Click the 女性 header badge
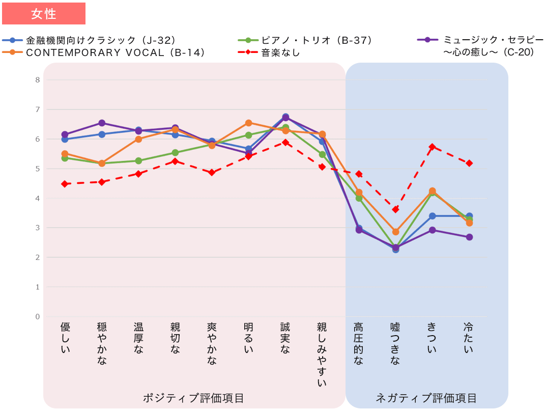coord(44,14)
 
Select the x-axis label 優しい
coord(65,338)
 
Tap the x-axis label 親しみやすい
coord(322,354)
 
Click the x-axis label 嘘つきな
coord(395,343)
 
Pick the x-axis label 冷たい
coord(469,338)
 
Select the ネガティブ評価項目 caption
coord(426,398)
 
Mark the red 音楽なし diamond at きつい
coord(432,147)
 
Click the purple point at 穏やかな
coord(102,123)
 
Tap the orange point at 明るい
coord(248,123)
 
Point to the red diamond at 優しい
coord(65,184)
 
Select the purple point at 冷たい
coord(469,237)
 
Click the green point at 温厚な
coord(138,161)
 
